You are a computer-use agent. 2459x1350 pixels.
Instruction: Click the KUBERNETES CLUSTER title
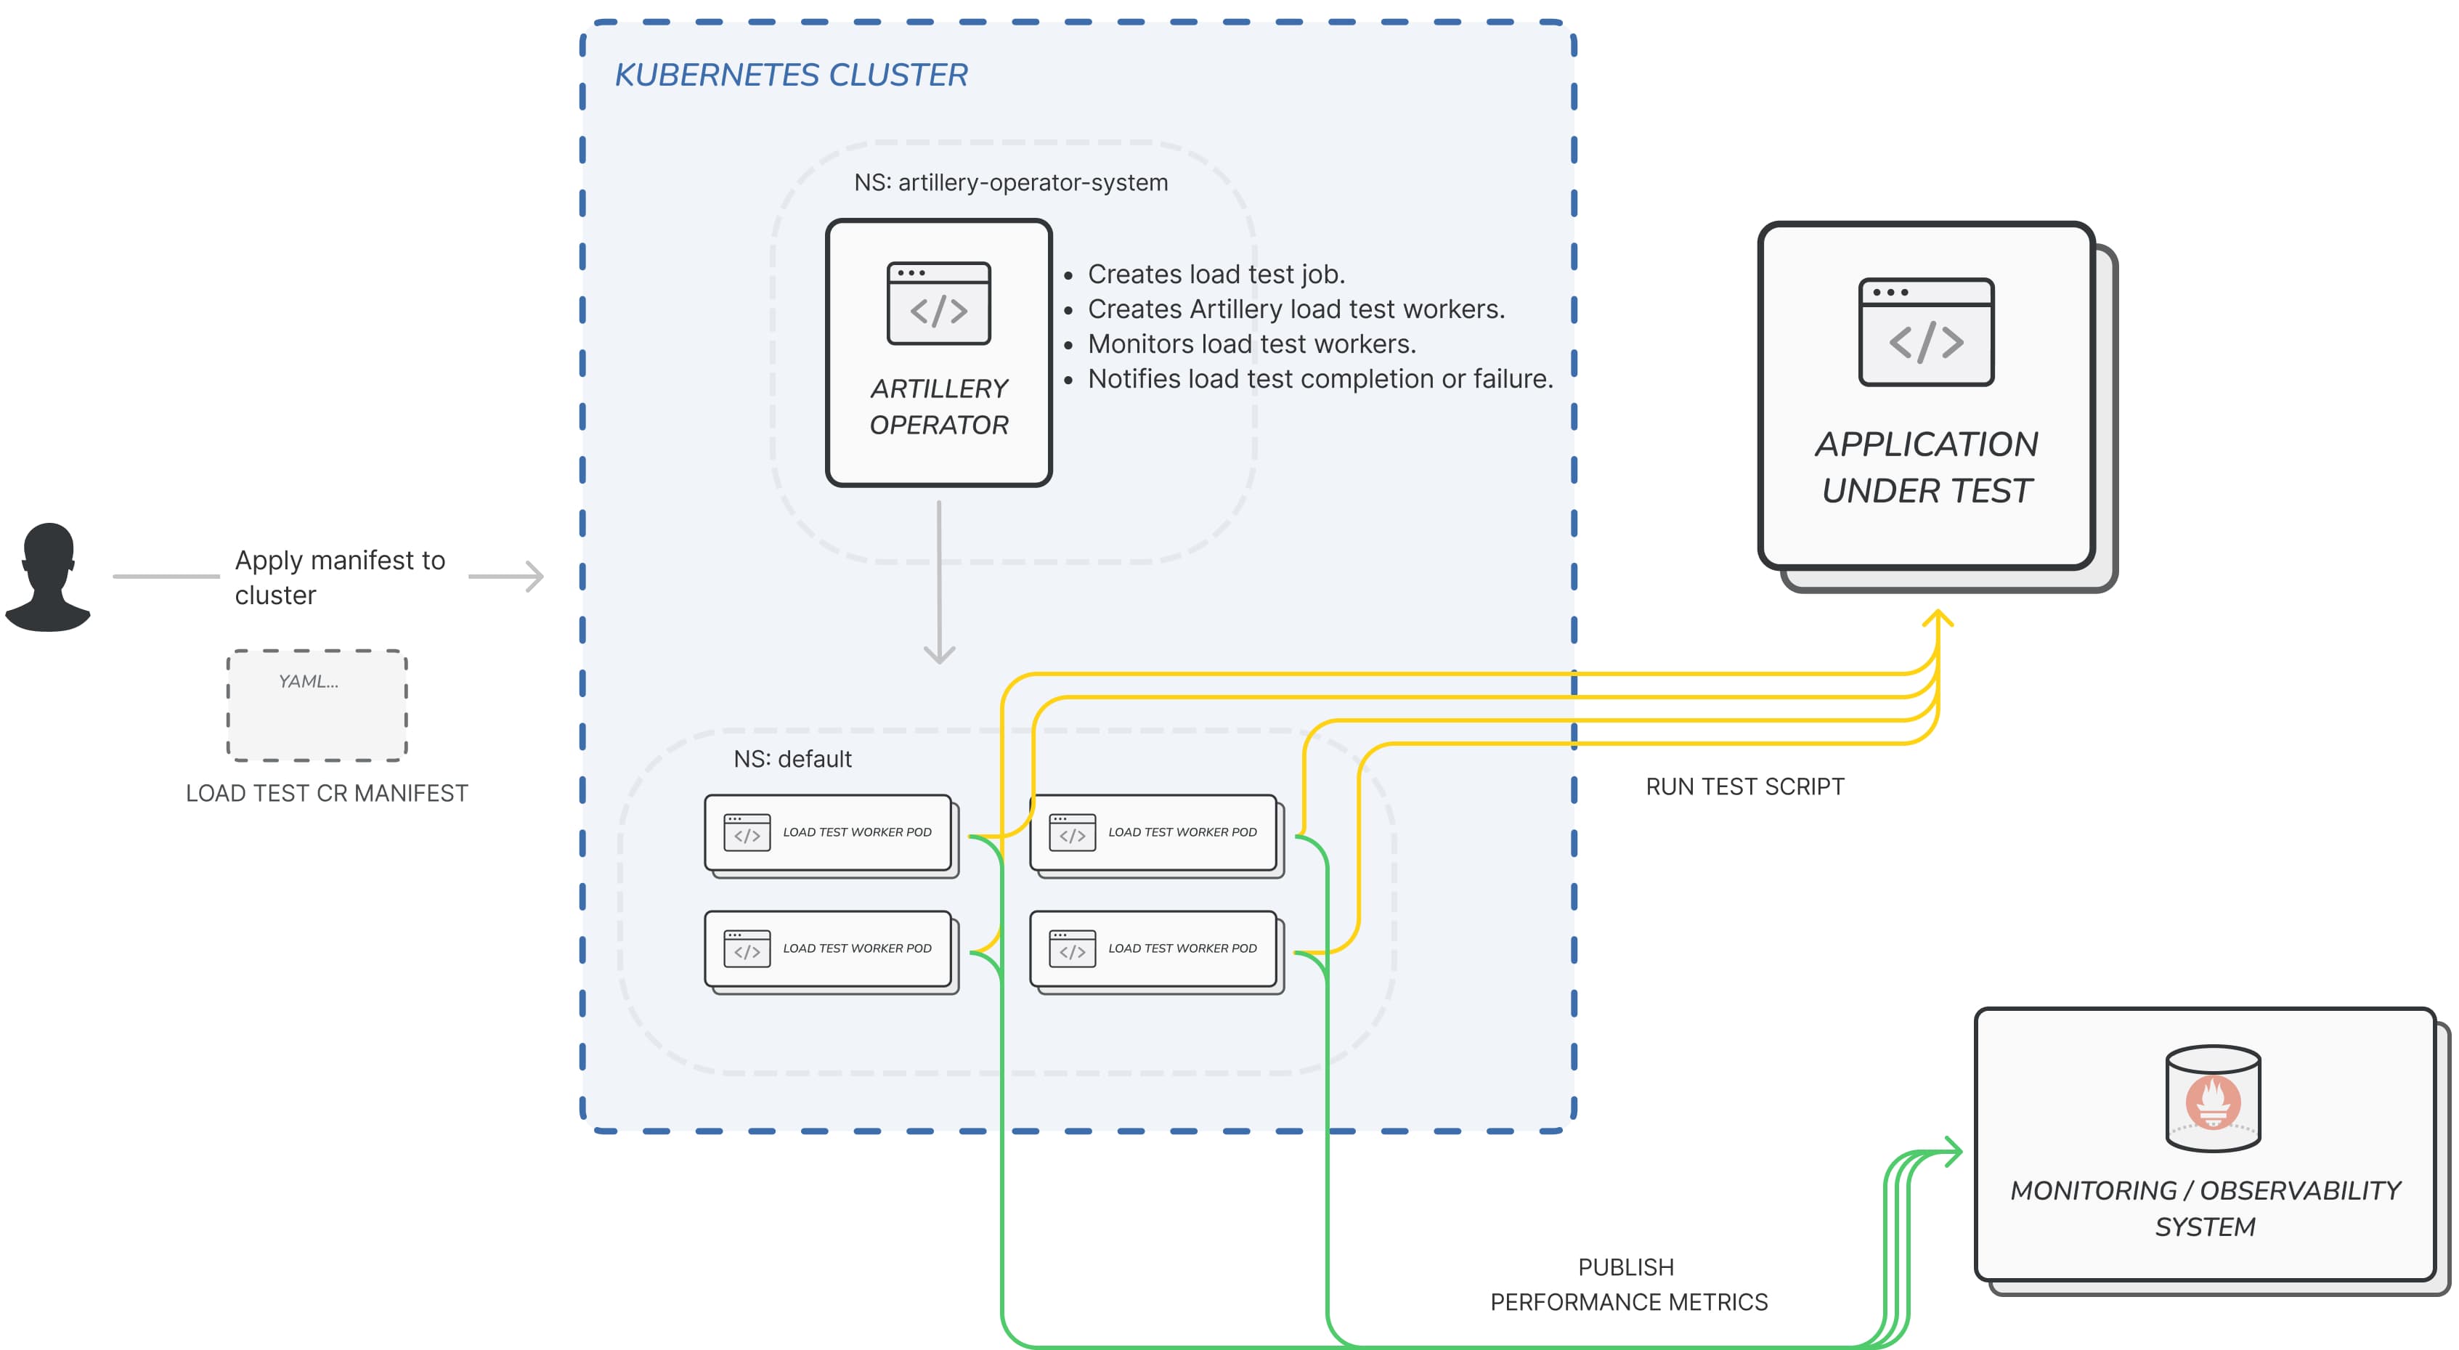pyautogui.click(x=790, y=75)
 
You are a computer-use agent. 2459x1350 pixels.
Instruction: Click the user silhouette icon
pyautogui.click(x=48, y=577)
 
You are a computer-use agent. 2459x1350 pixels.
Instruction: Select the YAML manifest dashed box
pyautogui.click(x=317, y=706)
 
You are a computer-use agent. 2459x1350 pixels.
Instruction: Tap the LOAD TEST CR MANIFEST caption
pyautogui.click(x=327, y=794)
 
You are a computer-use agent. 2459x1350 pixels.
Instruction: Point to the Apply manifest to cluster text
pyautogui.click(x=339, y=577)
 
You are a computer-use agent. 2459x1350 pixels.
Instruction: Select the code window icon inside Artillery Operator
pyautogui.click(x=938, y=304)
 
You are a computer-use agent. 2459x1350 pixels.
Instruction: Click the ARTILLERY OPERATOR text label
pyautogui.click(x=938, y=407)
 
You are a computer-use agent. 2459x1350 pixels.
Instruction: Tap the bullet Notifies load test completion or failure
pyautogui.click(x=1320, y=379)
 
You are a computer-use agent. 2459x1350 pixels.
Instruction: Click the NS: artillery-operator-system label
pyautogui.click(x=1010, y=182)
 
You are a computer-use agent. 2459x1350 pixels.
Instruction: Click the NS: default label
pyautogui.click(x=792, y=759)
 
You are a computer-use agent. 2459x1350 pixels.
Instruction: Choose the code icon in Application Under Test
pyautogui.click(x=1925, y=333)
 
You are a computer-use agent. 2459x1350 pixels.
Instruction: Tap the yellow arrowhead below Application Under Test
pyautogui.click(x=1937, y=619)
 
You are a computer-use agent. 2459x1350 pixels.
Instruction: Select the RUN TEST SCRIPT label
pyautogui.click(x=1744, y=786)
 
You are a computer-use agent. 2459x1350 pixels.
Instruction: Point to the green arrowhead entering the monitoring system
pyautogui.click(x=1953, y=1152)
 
